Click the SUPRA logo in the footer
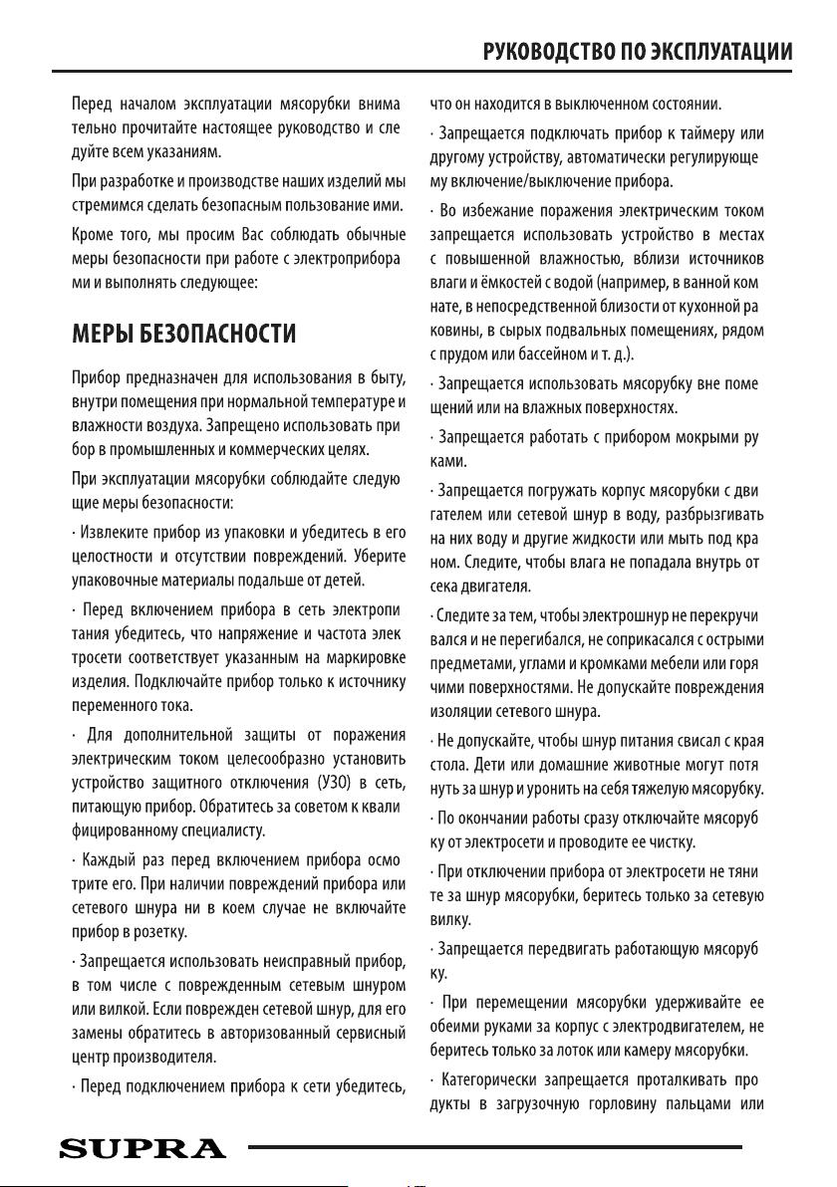[142, 1149]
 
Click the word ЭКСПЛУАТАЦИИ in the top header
[711, 52]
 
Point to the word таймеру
[711, 133]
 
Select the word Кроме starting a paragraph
[92, 235]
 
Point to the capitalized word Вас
[255, 235]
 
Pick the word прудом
[462, 355]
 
